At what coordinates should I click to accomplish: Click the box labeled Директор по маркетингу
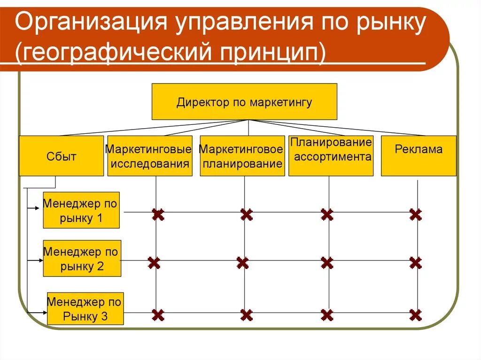pyautogui.click(x=244, y=102)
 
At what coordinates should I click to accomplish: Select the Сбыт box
pyautogui.click(x=61, y=156)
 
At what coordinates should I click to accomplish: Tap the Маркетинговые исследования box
pyautogui.click(x=149, y=156)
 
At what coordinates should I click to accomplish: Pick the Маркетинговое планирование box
pyautogui.click(x=242, y=156)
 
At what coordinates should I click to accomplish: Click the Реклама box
pyautogui.click(x=418, y=156)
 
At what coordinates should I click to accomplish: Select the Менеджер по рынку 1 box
pyautogui.click(x=81, y=210)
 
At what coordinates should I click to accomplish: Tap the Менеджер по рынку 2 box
pyautogui.click(x=82, y=258)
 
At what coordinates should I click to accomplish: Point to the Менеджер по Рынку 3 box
pyautogui.click(x=85, y=308)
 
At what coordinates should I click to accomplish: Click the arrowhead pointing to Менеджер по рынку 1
pyautogui.click(x=40, y=207)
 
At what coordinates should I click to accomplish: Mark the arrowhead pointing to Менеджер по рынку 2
pyautogui.click(x=40, y=260)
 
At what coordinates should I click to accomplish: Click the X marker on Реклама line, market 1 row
pyautogui.click(x=415, y=215)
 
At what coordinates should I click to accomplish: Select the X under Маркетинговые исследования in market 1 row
pyautogui.click(x=158, y=215)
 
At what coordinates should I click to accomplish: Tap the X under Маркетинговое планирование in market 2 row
pyautogui.click(x=242, y=263)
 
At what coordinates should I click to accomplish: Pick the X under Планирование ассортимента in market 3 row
pyautogui.click(x=327, y=314)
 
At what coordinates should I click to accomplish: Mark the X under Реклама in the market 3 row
pyautogui.click(x=415, y=314)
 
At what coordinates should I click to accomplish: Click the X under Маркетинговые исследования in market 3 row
pyautogui.click(x=158, y=314)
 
